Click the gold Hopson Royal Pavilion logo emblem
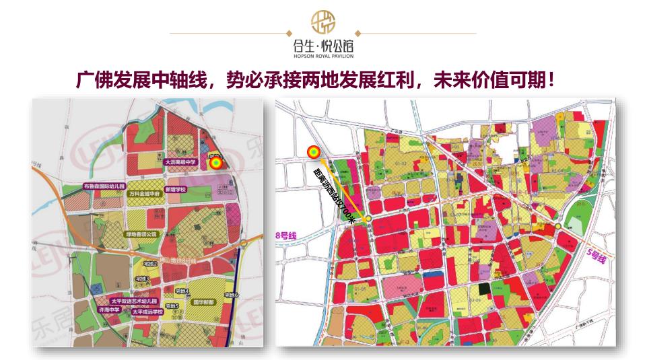pos(322,23)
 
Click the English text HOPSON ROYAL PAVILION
pos(322,57)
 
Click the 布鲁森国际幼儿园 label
pos(104,186)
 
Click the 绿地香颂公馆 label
pos(141,234)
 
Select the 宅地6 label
pos(232,295)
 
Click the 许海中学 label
pos(109,310)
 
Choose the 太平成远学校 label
pos(147,312)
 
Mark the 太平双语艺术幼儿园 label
pos(133,301)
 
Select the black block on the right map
pos(482,289)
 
